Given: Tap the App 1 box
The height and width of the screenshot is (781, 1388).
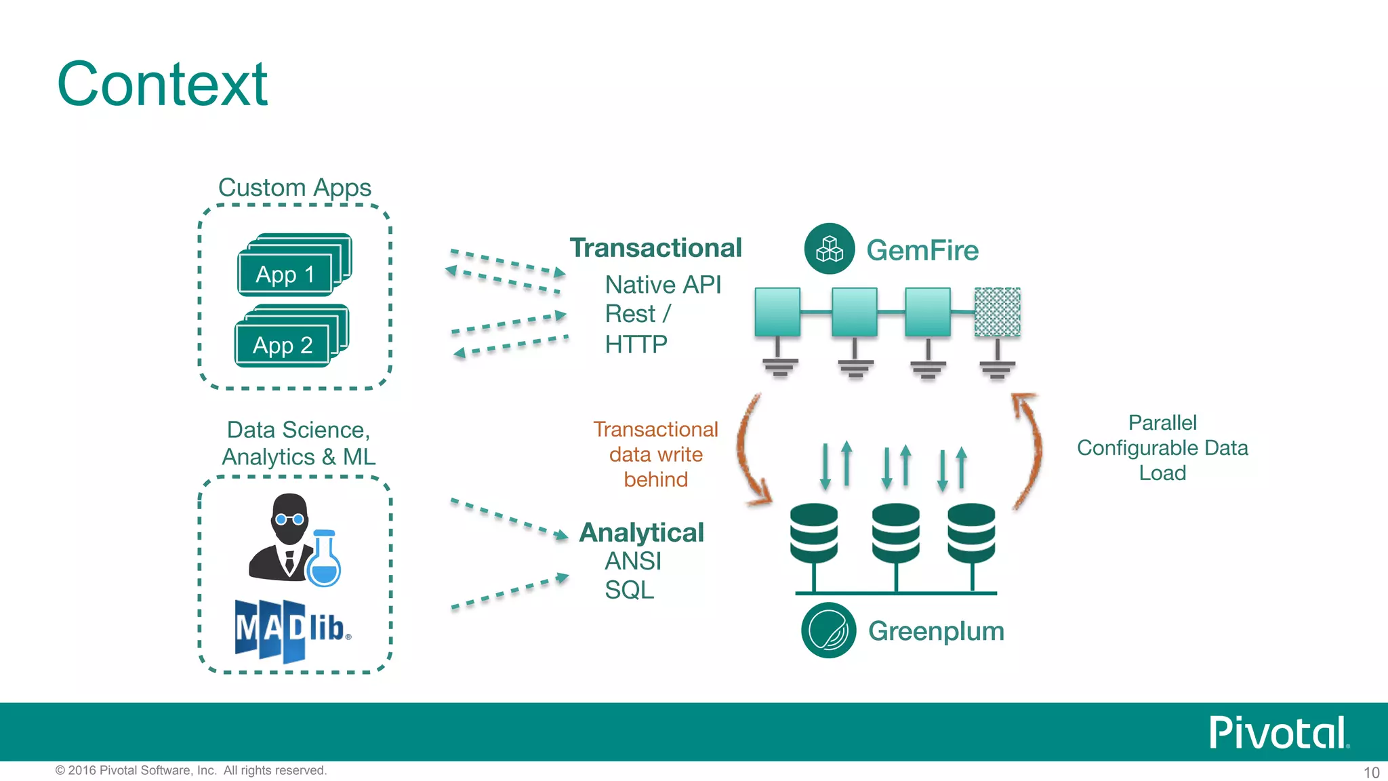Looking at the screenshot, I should tap(285, 275).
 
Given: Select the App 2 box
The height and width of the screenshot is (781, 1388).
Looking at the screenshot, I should tap(283, 345).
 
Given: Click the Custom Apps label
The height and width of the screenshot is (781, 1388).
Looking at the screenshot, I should tap(294, 187).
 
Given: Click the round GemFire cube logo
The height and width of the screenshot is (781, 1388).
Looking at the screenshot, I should tap(829, 249).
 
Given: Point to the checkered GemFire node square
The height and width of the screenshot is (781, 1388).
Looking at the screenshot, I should tap(997, 312).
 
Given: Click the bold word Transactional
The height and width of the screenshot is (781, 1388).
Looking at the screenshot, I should tap(655, 248).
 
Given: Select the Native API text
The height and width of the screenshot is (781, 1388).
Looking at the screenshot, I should tap(662, 285).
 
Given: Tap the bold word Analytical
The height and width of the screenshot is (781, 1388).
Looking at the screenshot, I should tap(641, 532).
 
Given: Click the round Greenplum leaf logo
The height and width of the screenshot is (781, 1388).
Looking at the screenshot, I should tap(828, 630).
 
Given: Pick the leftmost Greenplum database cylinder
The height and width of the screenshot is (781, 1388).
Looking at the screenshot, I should tap(813, 534).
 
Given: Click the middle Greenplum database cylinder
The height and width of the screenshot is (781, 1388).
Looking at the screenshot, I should tap(895, 534).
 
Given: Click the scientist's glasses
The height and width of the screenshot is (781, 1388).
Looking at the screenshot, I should tap(289, 520).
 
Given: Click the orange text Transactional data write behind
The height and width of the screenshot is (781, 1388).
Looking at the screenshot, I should tap(655, 454).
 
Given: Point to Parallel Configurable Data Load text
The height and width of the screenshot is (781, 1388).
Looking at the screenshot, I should tap(1162, 447).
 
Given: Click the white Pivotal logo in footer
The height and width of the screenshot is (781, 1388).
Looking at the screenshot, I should tap(1278, 733).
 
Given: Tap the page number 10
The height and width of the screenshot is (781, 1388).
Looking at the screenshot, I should tap(1371, 772).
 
